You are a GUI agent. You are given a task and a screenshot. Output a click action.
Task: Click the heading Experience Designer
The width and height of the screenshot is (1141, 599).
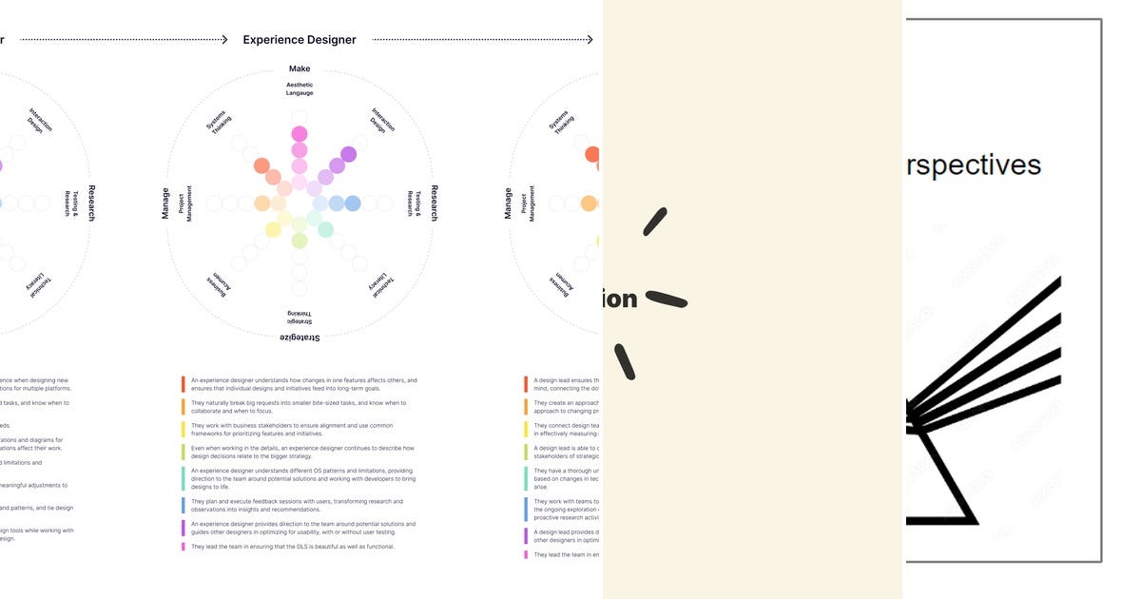coord(300,40)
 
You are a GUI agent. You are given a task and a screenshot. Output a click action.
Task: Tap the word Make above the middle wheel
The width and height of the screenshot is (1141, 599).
coord(300,68)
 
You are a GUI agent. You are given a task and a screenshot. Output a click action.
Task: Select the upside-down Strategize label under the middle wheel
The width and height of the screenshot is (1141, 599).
coord(300,338)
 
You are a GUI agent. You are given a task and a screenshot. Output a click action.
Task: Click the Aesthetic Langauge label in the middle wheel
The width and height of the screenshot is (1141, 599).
coord(300,89)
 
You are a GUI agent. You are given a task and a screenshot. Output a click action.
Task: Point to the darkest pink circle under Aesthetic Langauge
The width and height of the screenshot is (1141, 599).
coord(300,134)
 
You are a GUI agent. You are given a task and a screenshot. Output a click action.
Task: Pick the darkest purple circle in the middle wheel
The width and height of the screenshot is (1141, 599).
coord(348,154)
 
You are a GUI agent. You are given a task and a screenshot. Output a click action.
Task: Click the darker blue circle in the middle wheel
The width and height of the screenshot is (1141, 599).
coord(352,203)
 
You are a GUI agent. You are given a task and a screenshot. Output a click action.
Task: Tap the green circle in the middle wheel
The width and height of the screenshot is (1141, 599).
coord(300,241)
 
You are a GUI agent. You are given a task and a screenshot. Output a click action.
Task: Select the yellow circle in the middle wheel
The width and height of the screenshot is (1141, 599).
coord(273,229)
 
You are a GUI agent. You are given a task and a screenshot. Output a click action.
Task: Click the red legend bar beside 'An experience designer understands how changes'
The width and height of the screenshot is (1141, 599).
coord(184,384)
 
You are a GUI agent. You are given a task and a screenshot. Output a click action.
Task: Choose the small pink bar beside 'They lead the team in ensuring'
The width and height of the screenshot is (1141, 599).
coord(184,547)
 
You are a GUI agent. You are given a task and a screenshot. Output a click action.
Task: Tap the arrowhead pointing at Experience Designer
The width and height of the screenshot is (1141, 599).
coord(223,40)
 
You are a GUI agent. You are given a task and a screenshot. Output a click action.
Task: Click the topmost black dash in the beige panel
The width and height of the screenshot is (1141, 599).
coord(654,222)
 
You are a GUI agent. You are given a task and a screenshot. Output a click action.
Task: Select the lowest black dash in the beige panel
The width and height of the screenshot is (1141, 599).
coord(624,361)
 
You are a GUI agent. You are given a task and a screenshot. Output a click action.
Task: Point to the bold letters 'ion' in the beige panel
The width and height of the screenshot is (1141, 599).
coord(619,299)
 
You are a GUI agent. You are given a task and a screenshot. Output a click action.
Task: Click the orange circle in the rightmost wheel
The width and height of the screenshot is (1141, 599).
coord(589,203)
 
